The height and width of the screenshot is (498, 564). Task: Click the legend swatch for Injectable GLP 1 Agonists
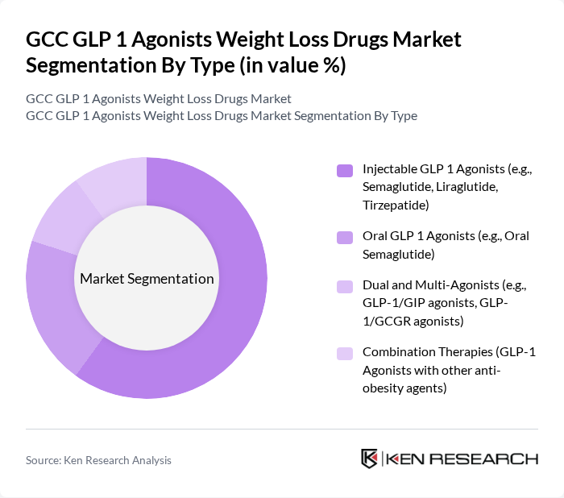coord(344,170)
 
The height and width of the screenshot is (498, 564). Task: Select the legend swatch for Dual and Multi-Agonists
coord(344,286)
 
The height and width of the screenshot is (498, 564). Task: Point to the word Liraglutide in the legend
coord(467,187)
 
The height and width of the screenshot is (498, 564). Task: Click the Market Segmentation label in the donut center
coord(147,279)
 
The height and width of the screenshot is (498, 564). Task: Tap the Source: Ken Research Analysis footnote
coord(98,460)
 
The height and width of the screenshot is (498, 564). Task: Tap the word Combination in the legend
coord(400,352)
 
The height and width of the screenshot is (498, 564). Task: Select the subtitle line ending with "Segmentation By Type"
coord(222,115)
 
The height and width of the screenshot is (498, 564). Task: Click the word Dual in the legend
coord(376,285)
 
